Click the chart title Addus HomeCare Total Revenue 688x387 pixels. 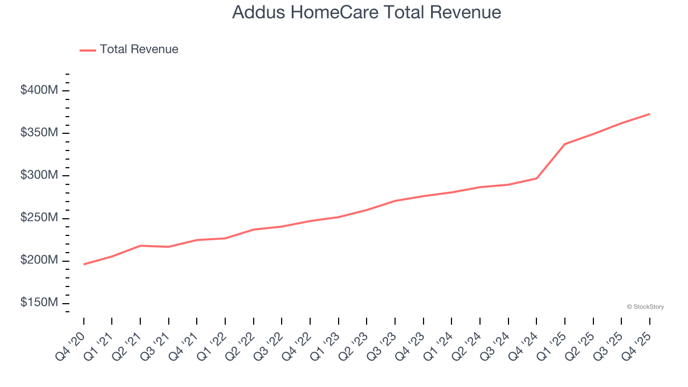(367, 12)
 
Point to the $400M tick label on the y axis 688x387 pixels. (39, 90)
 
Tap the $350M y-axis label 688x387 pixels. (39, 133)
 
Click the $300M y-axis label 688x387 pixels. (39, 175)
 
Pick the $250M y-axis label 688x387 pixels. (39, 218)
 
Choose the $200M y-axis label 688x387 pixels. (39, 260)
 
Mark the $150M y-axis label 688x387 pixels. (39, 303)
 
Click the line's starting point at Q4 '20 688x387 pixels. (84, 264)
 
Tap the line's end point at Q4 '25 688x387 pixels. (649, 114)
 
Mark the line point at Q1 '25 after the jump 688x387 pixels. (565, 144)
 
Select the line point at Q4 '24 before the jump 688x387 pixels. (536, 178)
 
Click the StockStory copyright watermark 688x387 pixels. (645, 307)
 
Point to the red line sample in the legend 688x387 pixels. (88, 50)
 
